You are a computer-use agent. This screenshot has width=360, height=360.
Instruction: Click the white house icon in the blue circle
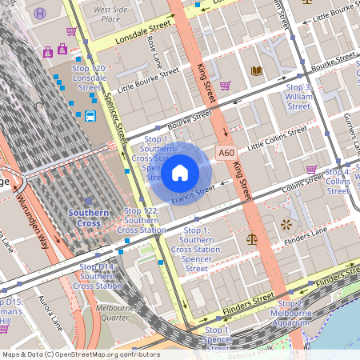point(180,172)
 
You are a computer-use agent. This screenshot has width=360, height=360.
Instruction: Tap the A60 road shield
point(226,150)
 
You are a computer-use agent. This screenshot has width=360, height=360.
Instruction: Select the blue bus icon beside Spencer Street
point(90,116)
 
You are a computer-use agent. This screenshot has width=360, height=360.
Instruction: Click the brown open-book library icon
point(256,71)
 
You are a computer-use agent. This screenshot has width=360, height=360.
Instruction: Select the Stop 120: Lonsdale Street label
point(90,74)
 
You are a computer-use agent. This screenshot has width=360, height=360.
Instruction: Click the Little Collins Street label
point(277,138)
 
